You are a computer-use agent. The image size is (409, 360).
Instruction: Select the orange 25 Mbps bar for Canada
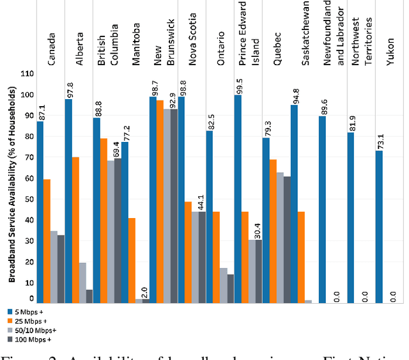[x=47, y=240]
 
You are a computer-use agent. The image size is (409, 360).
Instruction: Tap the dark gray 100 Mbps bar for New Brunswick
[x=174, y=205]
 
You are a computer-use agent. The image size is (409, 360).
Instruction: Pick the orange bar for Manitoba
[x=132, y=260]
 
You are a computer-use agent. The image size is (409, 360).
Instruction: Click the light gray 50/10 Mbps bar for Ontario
[x=223, y=285]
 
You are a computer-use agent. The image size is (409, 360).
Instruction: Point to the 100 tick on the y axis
[x=27, y=94]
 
